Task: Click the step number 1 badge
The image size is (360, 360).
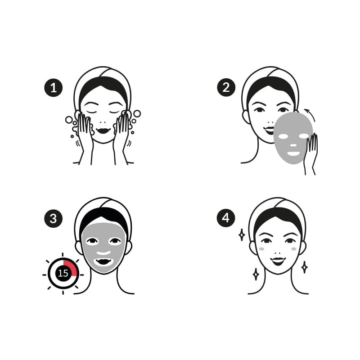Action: click(53, 87)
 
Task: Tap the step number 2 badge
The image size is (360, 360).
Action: click(226, 87)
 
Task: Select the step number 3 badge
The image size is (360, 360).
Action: click(53, 218)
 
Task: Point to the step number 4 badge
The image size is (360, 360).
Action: click(226, 218)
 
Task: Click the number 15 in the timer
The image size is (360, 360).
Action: click(63, 273)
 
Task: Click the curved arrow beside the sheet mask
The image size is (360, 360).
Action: click(310, 115)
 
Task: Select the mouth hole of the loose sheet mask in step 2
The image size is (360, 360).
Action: click(294, 153)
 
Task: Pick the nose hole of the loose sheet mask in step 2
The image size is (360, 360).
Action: click(293, 145)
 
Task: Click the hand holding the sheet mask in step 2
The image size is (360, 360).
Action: click(310, 153)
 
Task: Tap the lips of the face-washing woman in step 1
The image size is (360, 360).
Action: click(103, 130)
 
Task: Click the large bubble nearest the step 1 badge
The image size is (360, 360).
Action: click(69, 120)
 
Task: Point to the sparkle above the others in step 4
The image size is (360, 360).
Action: click(242, 234)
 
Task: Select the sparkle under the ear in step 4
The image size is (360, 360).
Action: click(305, 267)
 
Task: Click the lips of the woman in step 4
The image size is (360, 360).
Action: click(278, 261)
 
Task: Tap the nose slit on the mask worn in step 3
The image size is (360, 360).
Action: click(103, 253)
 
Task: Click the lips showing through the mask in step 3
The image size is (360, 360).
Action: click(103, 262)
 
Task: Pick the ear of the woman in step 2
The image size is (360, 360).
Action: click(246, 117)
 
